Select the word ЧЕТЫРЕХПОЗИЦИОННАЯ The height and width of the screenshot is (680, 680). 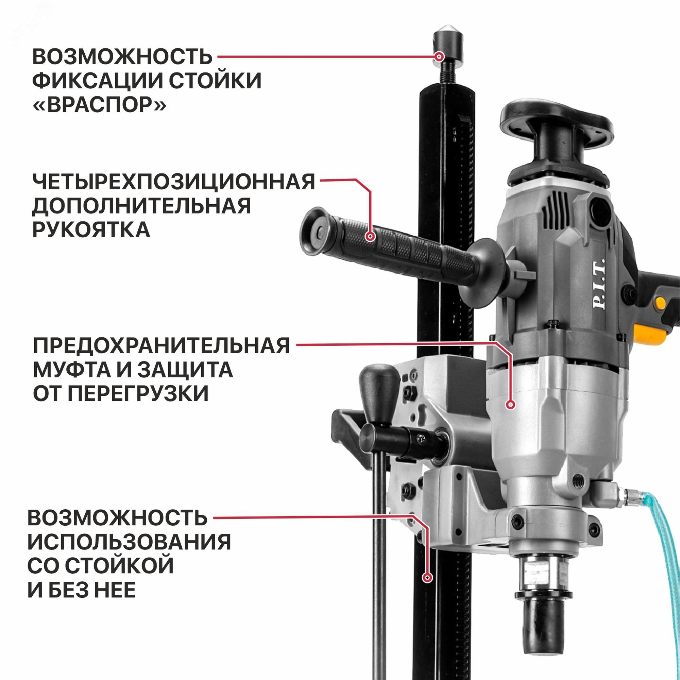(173, 182)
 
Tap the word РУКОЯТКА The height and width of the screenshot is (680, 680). (91, 230)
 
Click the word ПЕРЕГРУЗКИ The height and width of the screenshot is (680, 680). (138, 393)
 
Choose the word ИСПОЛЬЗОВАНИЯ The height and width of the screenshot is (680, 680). (129, 542)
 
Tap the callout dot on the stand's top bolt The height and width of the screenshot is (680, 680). (439, 57)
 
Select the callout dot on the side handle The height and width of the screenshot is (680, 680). (370, 236)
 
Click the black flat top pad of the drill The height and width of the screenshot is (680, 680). (556, 121)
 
